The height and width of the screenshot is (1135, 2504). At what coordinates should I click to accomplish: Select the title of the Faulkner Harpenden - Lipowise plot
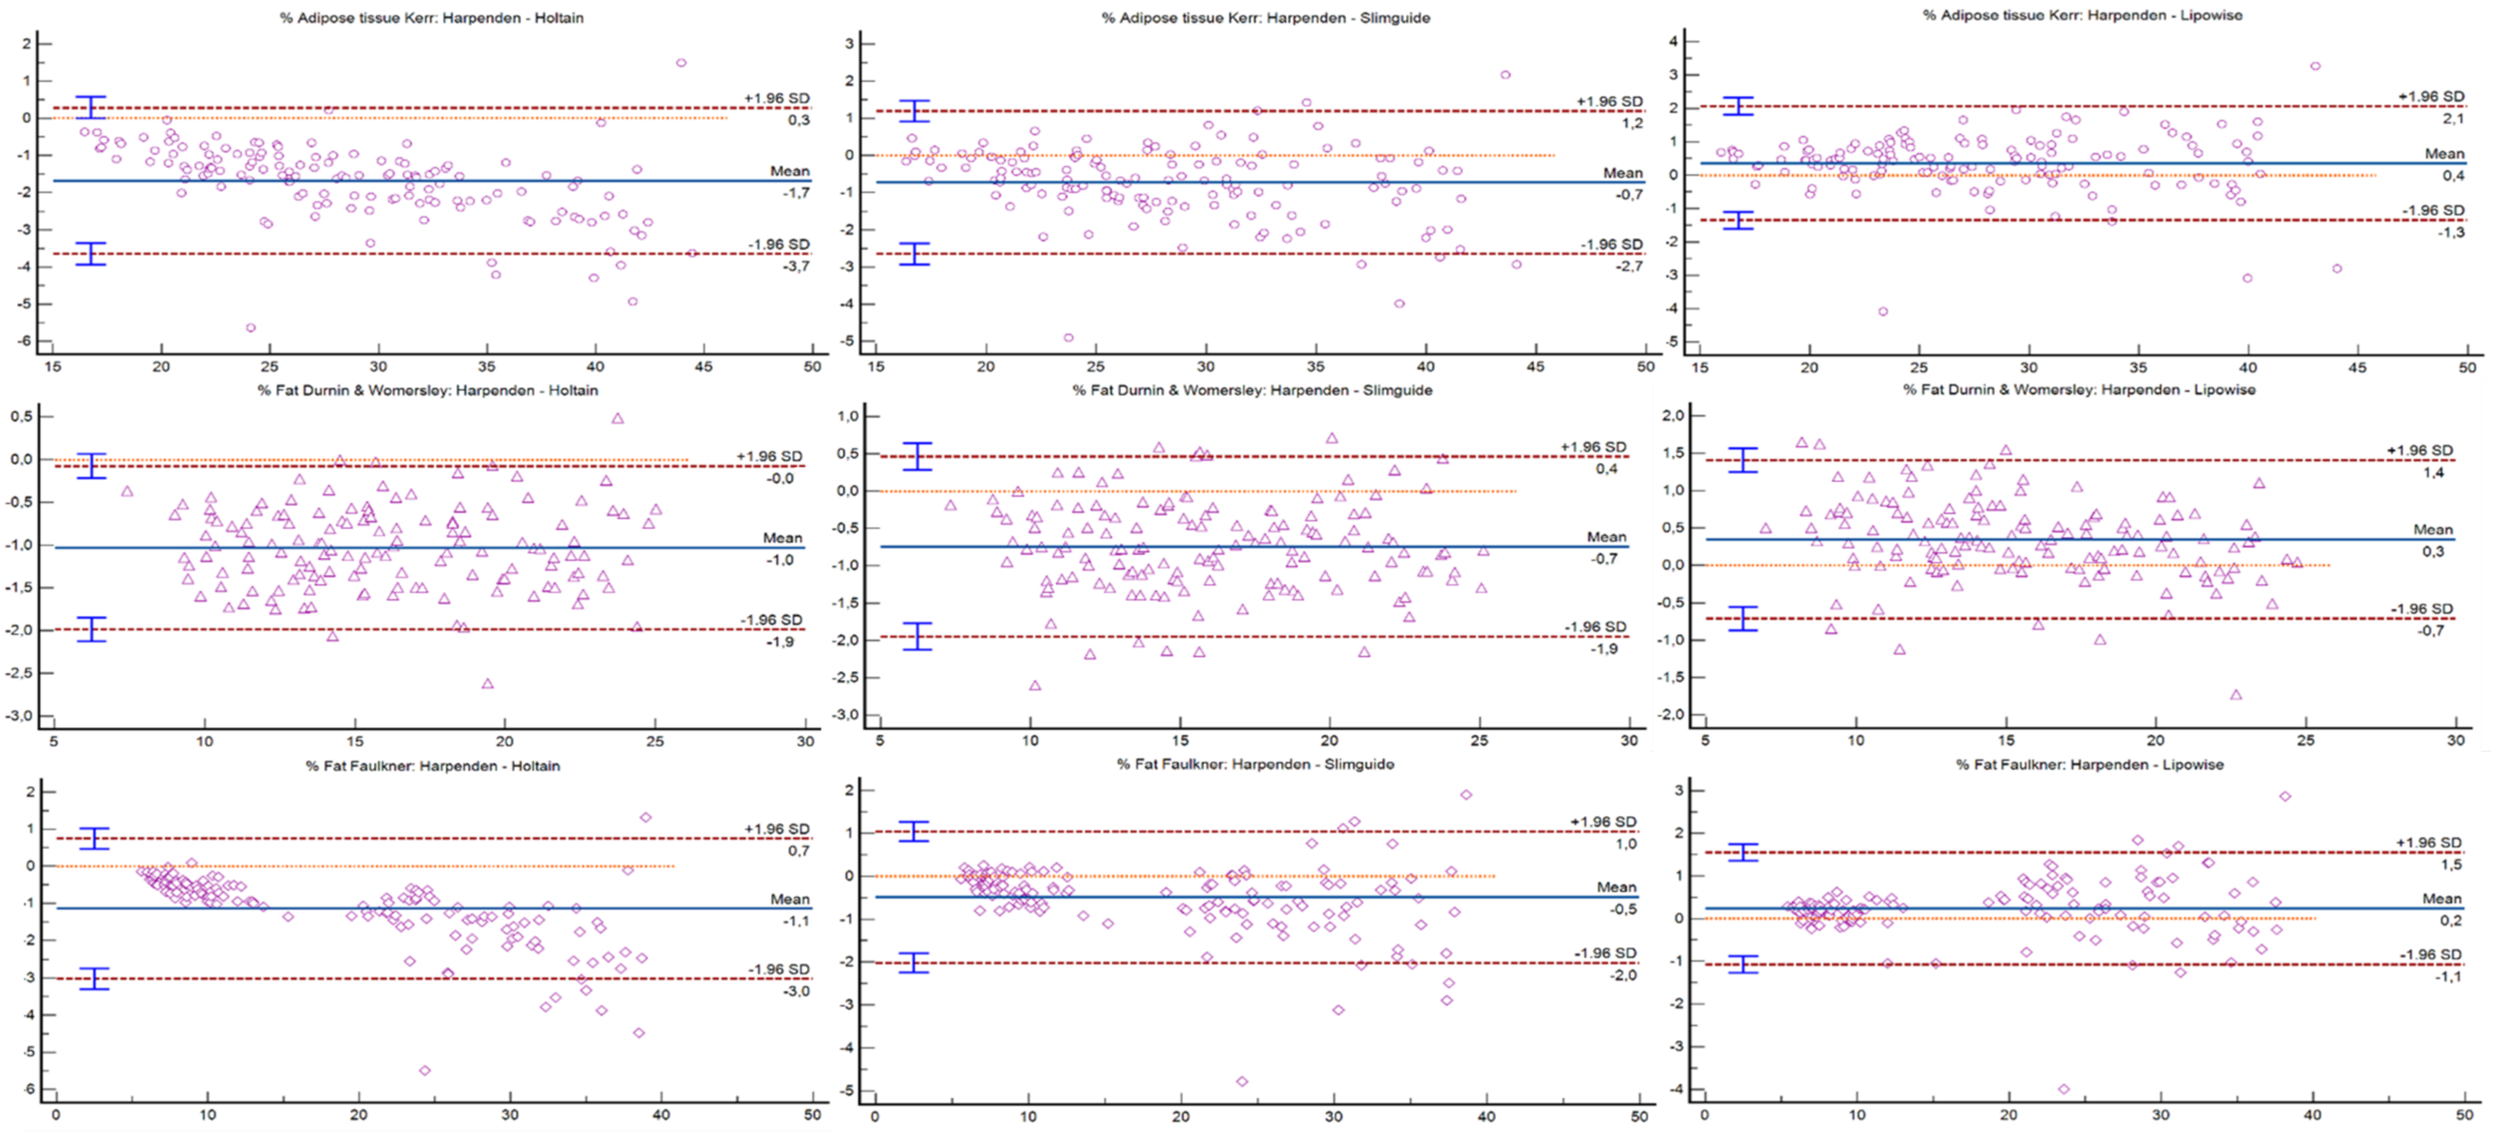pyautogui.click(x=2090, y=765)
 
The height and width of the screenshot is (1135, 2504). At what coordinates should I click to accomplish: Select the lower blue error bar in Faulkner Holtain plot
pyautogui.click(x=94, y=978)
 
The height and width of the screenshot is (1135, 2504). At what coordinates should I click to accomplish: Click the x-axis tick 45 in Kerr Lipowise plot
pyautogui.click(x=2357, y=367)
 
